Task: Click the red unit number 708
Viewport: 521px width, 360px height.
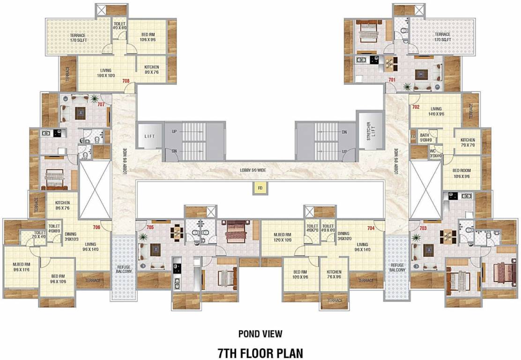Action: pos(126,81)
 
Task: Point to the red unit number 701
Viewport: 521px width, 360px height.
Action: pos(392,80)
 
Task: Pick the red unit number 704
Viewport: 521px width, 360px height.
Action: pos(371,228)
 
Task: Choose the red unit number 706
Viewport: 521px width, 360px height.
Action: pos(97,227)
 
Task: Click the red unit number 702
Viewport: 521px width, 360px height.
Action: pos(416,107)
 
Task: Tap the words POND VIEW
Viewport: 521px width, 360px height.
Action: pos(260,334)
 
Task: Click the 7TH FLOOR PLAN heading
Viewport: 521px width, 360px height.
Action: pos(260,352)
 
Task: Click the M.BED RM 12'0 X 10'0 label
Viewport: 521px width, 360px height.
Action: pos(283,237)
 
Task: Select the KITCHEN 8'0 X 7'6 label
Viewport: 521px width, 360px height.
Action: pos(151,69)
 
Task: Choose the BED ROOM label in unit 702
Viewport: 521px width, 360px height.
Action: pos(461,173)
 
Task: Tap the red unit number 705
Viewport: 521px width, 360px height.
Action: pos(150,227)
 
